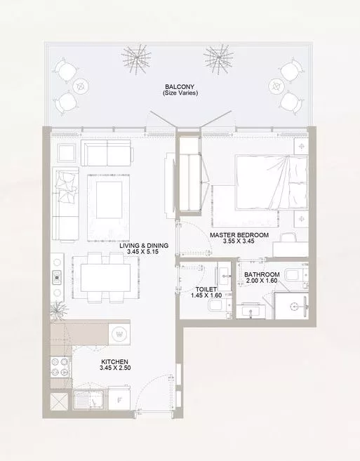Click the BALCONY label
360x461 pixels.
tap(180, 87)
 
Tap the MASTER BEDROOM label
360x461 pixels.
tap(239, 235)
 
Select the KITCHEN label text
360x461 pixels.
tap(114, 362)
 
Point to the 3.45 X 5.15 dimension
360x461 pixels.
tap(143, 251)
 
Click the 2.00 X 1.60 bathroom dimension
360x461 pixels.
tap(262, 281)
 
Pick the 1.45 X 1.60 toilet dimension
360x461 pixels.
tap(206, 295)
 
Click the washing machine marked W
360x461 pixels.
tap(119, 334)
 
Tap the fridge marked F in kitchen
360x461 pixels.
tap(119, 399)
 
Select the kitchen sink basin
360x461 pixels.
tap(89, 399)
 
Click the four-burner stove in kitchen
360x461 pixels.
tap(60, 367)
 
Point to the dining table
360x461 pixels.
tap(105, 278)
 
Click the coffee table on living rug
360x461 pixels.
tap(109, 200)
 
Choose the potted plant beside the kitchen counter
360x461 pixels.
tap(58, 310)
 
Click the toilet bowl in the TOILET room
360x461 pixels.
tap(215, 306)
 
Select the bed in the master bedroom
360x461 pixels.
tap(271, 182)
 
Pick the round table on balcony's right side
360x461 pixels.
tap(276, 86)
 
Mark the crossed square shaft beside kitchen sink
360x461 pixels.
tap(59, 401)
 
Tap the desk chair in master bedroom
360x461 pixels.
tap(288, 237)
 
